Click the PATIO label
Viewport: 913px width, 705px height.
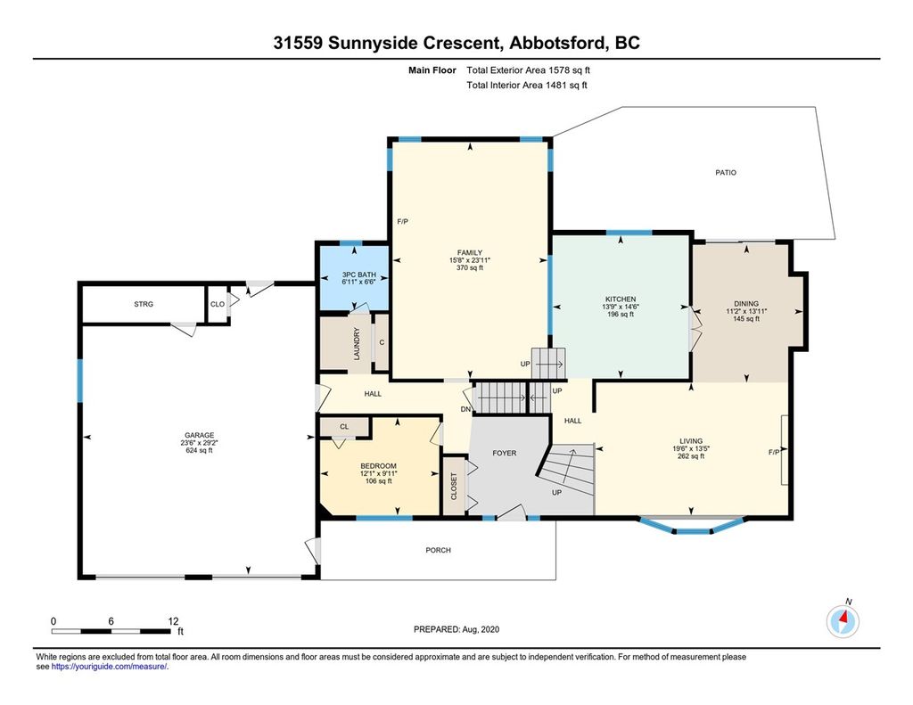(726, 172)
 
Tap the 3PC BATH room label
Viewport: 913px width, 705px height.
(358, 275)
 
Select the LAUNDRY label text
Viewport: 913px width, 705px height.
(357, 343)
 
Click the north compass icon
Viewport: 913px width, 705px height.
(843, 620)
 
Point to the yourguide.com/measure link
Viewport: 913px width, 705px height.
(110, 667)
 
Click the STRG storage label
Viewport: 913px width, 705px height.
(144, 304)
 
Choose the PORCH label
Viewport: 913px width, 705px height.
(438, 550)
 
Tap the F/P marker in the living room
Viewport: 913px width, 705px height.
(774, 453)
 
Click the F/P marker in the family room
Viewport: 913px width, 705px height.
(402, 222)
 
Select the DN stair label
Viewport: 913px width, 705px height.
(465, 409)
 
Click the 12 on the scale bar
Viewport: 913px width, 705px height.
(173, 621)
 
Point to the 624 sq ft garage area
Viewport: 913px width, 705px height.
(199, 451)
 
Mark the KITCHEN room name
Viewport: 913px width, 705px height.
(621, 299)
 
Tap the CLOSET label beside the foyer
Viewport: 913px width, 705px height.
(454, 486)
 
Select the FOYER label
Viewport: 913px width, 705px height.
(505, 453)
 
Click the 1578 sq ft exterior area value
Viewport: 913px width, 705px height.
(569, 70)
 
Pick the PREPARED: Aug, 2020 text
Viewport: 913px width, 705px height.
(456, 629)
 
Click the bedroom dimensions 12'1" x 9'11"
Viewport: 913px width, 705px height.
(378, 473)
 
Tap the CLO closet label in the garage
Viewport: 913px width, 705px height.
(218, 304)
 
